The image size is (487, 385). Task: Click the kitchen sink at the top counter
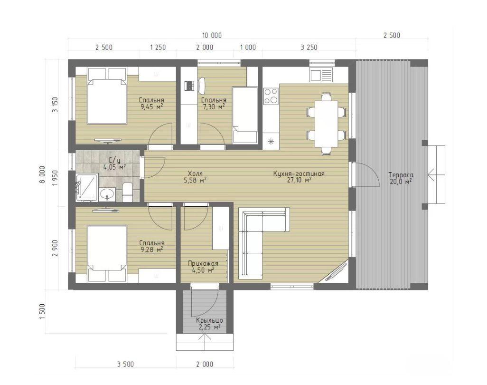(x=320, y=75)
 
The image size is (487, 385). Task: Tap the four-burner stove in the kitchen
(x=271, y=96)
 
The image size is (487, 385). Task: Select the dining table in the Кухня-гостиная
(x=326, y=124)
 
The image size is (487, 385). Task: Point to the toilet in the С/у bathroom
(x=128, y=192)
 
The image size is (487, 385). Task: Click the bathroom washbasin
(x=107, y=194)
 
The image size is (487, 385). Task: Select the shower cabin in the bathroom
(x=87, y=187)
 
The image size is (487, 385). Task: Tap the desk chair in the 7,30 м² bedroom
(x=201, y=85)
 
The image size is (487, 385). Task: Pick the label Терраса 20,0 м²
(x=401, y=178)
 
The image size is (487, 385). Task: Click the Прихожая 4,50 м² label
(x=203, y=267)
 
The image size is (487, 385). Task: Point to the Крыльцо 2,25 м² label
(x=209, y=323)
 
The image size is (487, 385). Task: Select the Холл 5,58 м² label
(x=195, y=177)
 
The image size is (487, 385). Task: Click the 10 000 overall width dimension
(x=212, y=35)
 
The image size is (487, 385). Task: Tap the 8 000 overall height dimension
(x=42, y=174)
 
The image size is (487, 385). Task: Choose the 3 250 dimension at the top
(x=309, y=47)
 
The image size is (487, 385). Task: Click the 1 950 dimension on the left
(x=55, y=178)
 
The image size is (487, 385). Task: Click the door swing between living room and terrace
(x=367, y=174)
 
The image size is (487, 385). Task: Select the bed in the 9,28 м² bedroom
(x=107, y=253)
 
